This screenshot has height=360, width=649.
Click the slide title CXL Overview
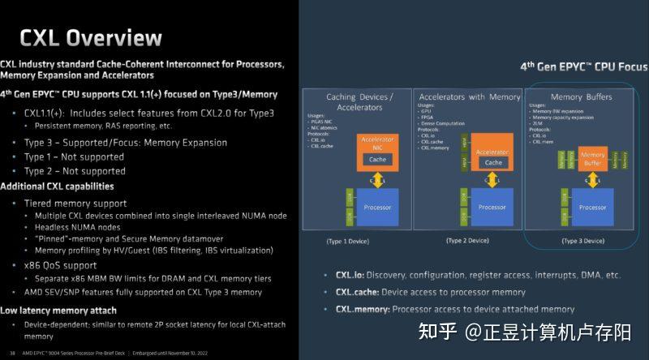point(91,37)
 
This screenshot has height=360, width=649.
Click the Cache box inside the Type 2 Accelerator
point(493,162)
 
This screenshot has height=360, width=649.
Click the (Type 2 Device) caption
point(467,241)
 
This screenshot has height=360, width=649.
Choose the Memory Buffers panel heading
point(581,97)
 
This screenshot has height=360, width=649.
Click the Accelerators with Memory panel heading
point(469,97)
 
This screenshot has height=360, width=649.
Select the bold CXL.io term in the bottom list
point(356,275)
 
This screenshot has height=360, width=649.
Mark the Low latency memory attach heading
point(58,311)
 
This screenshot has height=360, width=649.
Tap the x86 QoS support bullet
point(60,264)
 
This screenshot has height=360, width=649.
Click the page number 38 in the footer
point(12,354)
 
